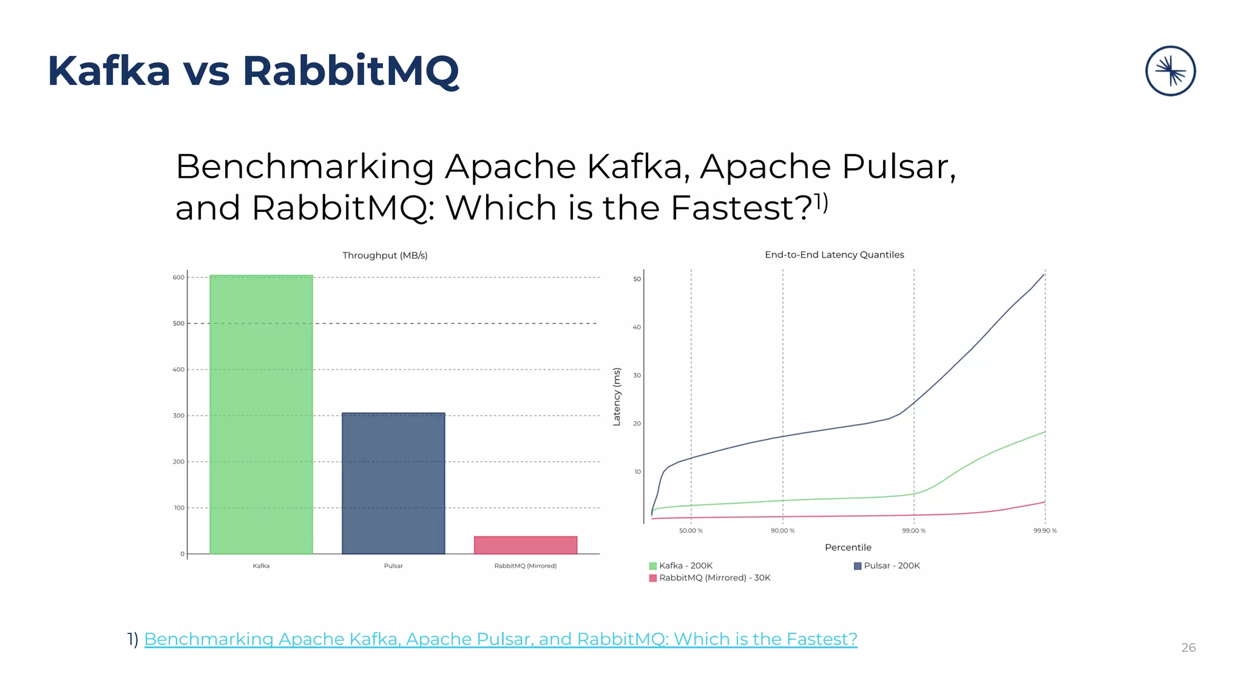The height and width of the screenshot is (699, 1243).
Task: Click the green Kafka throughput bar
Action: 261,414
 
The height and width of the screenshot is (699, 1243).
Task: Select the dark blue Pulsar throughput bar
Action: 393,483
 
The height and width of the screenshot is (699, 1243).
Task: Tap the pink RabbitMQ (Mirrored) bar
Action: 526,545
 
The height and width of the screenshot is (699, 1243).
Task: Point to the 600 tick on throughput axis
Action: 178,277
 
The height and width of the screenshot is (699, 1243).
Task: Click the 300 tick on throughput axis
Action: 178,416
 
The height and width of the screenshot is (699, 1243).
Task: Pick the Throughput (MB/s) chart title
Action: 385,255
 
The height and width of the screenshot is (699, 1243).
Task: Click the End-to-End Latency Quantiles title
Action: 834,255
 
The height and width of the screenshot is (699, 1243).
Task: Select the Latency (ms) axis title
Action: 617,397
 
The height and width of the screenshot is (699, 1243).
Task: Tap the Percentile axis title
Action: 848,547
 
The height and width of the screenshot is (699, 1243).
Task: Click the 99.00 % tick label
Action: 913,531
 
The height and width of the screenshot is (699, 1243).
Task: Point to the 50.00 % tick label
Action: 691,531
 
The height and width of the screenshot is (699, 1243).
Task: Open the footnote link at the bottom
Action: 500,639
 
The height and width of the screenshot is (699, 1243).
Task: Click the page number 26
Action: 1188,647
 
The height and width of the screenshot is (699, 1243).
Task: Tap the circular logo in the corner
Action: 1170,71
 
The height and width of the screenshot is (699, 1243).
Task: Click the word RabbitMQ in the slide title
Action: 351,71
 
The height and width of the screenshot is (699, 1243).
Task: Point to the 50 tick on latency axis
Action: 637,279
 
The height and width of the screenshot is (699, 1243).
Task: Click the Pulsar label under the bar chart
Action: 393,566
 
